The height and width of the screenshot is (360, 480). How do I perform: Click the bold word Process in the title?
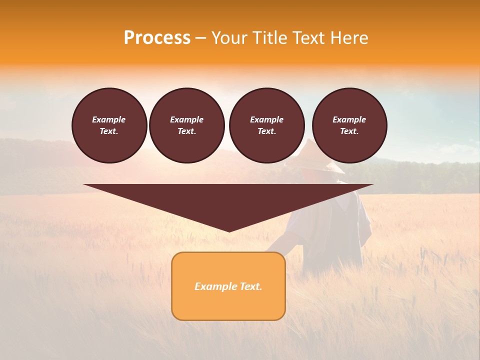pos(157,38)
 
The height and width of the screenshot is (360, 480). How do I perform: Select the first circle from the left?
pos(109,125)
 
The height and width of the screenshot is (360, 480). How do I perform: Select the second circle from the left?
pos(186,125)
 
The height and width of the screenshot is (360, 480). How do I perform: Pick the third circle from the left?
pos(266,125)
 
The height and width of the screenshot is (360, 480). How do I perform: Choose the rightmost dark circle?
pos(349,125)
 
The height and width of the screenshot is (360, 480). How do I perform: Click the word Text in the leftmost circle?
pos(109,131)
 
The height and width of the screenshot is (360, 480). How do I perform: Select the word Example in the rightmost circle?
pos(349,119)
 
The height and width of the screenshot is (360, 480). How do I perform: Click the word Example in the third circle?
pos(266,119)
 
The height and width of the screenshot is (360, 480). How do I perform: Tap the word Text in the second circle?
pos(186,131)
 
